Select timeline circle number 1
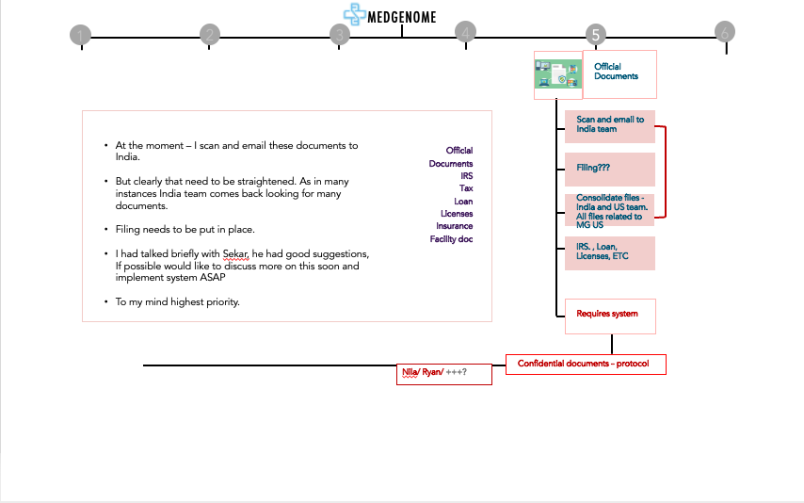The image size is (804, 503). pyautogui.click(x=81, y=36)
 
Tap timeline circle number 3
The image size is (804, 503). pyautogui.click(x=340, y=35)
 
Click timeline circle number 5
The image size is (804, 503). pyautogui.click(x=595, y=35)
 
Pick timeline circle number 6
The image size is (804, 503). pyautogui.click(x=724, y=32)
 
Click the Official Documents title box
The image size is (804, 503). pyautogui.click(x=619, y=73)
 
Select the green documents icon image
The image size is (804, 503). pyautogui.click(x=557, y=75)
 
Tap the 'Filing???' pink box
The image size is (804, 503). pyautogui.click(x=609, y=169)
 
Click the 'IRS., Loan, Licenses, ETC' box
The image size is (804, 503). pyautogui.click(x=609, y=252)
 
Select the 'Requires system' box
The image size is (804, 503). pyautogui.click(x=609, y=315)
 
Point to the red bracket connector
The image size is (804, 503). pyautogui.click(x=665, y=171)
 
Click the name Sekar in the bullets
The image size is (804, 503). pyautogui.click(x=235, y=254)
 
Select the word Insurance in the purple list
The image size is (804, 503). pyautogui.click(x=454, y=226)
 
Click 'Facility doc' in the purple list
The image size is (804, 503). pyautogui.click(x=451, y=239)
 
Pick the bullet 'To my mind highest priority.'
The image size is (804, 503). pyautogui.click(x=177, y=301)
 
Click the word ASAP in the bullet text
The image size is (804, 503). pyautogui.click(x=214, y=278)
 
